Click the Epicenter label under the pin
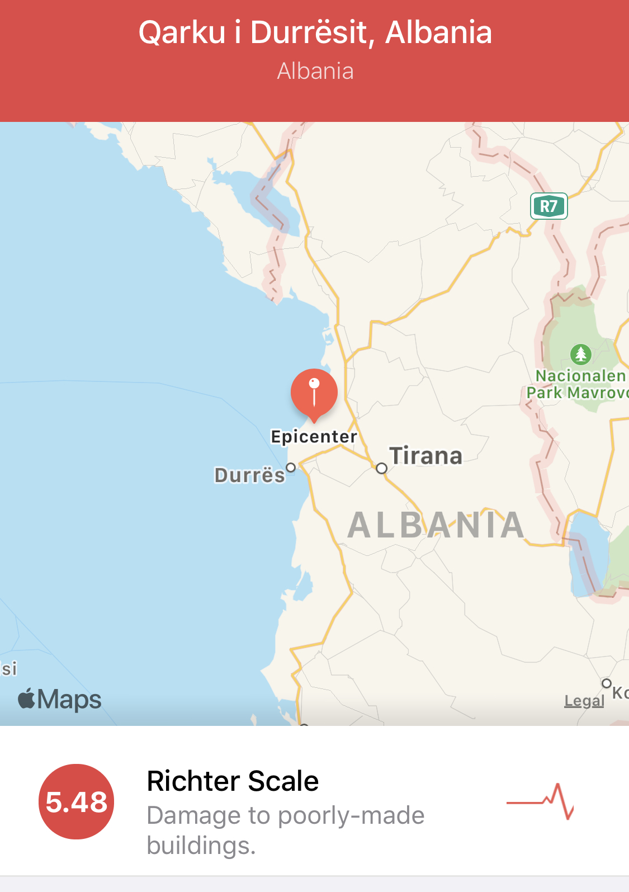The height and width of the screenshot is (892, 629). click(314, 437)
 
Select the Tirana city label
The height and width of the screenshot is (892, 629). click(426, 456)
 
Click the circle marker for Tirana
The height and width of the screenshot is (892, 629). click(381, 468)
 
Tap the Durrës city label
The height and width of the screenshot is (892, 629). click(250, 475)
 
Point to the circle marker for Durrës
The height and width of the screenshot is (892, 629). click(291, 468)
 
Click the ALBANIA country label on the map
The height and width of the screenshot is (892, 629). click(436, 525)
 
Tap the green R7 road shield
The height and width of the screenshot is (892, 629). click(548, 206)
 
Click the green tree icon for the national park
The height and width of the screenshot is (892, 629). click(581, 353)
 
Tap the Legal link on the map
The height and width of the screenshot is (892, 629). click(584, 701)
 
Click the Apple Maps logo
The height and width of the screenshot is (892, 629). click(60, 700)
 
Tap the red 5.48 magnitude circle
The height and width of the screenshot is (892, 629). click(76, 801)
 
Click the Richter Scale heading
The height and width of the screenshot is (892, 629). click(233, 781)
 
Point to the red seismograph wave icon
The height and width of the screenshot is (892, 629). click(540, 801)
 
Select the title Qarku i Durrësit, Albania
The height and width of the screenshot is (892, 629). click(315, 32)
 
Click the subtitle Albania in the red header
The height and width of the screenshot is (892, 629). click(315, 72)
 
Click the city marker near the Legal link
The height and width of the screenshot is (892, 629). click(607, 683)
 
